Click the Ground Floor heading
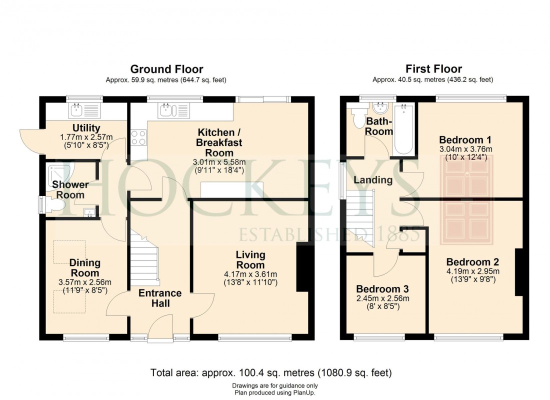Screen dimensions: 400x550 (166, 69)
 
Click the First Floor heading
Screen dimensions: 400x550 (433, 69)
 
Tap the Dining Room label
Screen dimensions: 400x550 (84, 268)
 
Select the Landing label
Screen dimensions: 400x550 (373, 180)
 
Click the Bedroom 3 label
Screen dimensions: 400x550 (382, 289)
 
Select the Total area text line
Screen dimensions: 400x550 (271, 372)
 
